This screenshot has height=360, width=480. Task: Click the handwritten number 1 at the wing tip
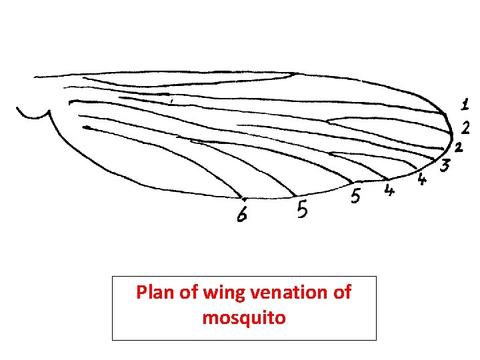465,104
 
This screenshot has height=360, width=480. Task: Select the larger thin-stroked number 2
466,127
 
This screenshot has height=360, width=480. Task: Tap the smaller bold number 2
459,146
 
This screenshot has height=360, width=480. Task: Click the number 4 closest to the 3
422,179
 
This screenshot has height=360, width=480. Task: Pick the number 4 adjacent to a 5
389,191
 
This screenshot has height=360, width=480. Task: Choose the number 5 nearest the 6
301,210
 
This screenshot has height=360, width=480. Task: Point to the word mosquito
244,318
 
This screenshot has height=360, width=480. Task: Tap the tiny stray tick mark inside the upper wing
171,101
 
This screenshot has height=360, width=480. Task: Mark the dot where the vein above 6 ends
244,198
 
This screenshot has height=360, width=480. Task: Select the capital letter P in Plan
141,293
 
